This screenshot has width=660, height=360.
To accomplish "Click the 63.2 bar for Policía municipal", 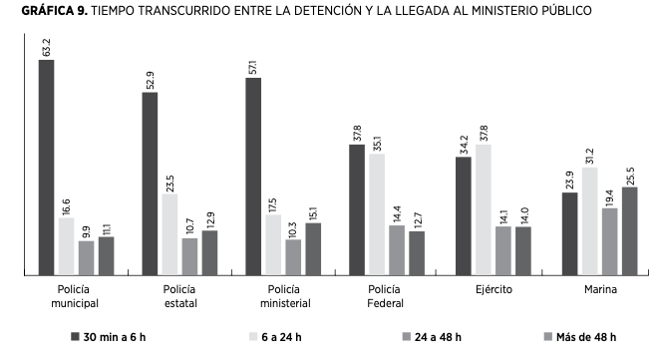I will pyautogui.click(x=46, y=167).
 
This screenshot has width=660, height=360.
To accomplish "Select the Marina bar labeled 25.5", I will pyautogui.click(x=629, y=230).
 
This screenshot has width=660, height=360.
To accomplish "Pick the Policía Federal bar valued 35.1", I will pyautogui.click(x=377, y=213).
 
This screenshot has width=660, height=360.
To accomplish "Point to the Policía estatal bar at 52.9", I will pyautogui.click(x=150, y=183).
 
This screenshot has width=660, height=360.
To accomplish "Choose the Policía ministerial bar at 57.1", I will pyautogui.click(x=253, y=177).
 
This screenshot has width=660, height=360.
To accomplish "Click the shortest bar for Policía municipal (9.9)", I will pyautogui.click(x=86, y=257).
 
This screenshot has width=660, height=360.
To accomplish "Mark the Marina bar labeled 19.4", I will pyautogui.click(x=609, y=240).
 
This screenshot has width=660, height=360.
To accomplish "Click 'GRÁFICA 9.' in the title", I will pyautogui.click(x=38, y=10).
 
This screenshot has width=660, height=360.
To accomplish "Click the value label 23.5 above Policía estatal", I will pyautogui.click(x=170, y=180).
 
